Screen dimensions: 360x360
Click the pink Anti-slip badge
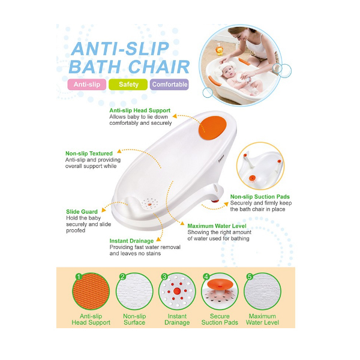tap(87, 85)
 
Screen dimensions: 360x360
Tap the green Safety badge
tap(128, 85)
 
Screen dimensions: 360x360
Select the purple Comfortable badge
tap(169, 85)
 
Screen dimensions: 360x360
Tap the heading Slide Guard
tap(82, 212)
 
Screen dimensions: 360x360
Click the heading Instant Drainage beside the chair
tap(131, 241)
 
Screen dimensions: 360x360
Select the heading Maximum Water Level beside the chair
tap(217, 226)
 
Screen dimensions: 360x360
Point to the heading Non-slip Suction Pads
tap(260, 197)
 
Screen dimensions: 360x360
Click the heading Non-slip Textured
tap(89, 154)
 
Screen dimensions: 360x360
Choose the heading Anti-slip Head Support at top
tap(140, 110)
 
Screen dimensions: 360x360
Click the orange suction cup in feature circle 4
tap(220, 284)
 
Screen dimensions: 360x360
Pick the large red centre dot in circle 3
tap(177, 291)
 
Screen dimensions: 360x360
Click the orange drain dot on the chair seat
tap(149, 204)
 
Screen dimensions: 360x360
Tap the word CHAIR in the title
tap(159, 67)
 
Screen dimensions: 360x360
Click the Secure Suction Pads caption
tap(220, 319)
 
